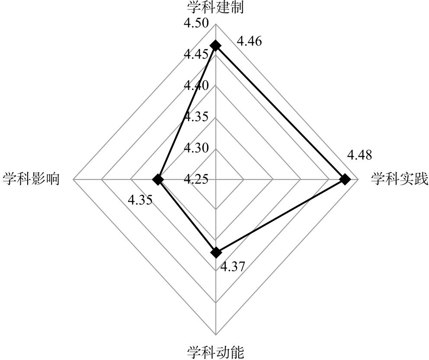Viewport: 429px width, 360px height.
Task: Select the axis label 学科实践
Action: coord(399,179)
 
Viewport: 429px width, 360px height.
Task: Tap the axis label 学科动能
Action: coord(215,352)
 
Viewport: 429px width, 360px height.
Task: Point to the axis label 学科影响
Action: coord(31,179)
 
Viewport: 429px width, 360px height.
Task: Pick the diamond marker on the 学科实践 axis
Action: coord(345,179)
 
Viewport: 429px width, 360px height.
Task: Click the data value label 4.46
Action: coord(250,42)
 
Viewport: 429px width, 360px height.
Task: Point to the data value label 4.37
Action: coord(233,267)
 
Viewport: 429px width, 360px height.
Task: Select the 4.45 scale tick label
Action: coord(197,55)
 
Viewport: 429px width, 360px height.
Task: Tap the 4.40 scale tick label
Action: coord(197,86)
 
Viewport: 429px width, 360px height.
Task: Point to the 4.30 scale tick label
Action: coord(197,148)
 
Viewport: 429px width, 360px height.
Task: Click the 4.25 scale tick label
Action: coord(197,179)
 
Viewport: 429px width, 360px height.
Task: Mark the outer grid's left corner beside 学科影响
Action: coord(74,179)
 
